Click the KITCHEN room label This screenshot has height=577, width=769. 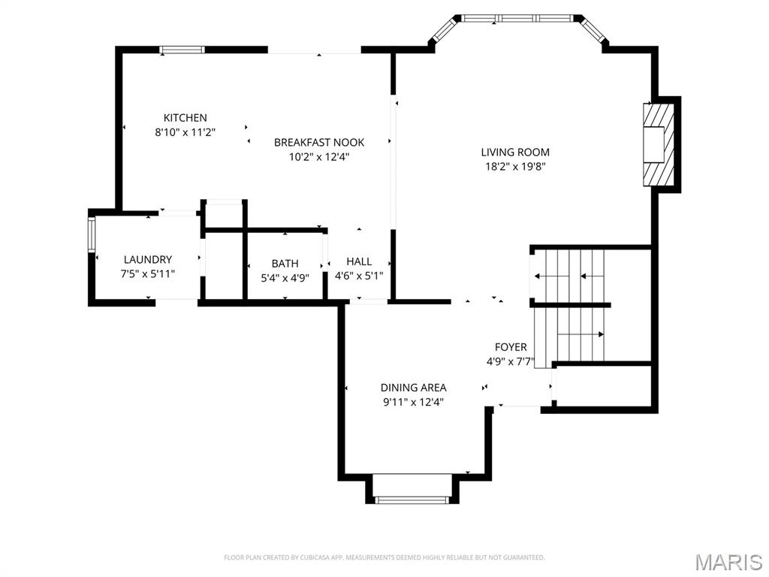185,118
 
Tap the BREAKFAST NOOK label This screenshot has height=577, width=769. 318,142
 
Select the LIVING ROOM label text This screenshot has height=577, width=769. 515,153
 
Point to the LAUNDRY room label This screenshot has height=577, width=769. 148,260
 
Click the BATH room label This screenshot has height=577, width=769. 285,264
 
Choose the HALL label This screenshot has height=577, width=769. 359,261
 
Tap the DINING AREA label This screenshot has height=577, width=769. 413,388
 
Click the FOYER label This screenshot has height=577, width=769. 511,347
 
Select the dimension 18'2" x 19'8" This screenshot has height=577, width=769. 515,167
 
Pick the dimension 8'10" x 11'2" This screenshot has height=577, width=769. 185,132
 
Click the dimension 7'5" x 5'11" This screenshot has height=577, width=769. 148,274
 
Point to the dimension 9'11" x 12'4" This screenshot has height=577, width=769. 413,402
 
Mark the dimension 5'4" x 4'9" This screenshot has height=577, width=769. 285,278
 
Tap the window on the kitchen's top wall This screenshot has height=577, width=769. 182,50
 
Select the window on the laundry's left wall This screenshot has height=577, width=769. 92,234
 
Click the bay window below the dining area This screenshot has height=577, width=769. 412,499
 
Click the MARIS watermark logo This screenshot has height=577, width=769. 728,561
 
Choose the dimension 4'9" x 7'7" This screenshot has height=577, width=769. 511,361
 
